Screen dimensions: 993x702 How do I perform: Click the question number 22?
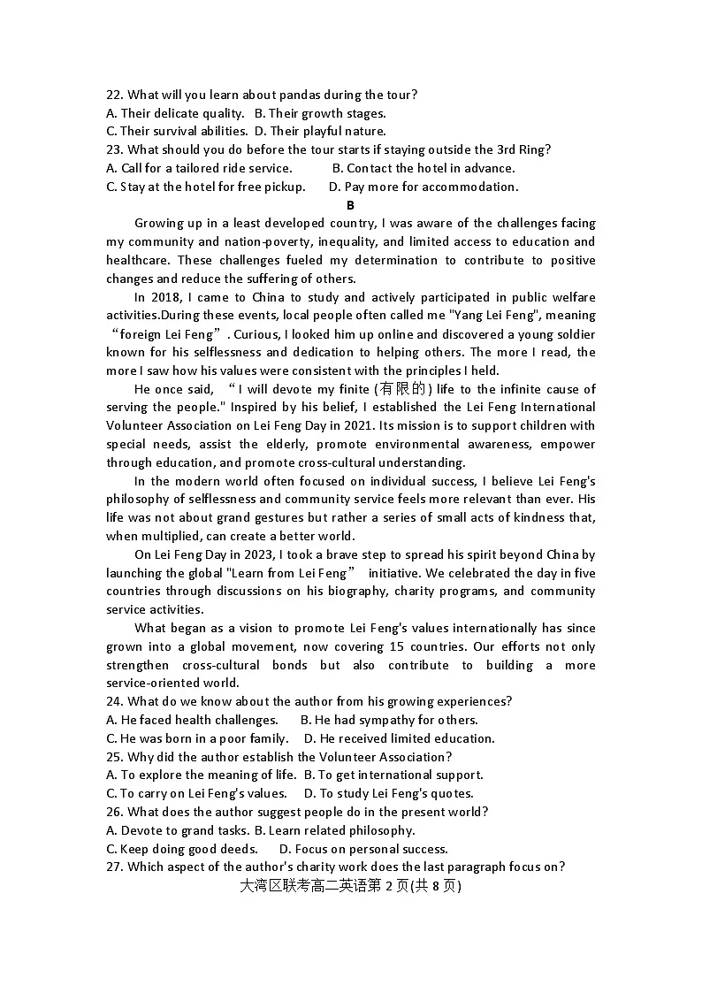coord(114,95)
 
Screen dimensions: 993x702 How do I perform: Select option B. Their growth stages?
coord(320,113)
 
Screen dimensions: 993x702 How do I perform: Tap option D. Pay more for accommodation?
coord(423,187)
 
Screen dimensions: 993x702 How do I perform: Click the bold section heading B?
coord(350,205)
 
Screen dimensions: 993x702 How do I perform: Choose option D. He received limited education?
coord(399,738)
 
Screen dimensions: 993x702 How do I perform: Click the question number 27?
coord(114,867)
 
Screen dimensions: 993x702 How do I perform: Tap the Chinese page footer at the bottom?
coord(350,886)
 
